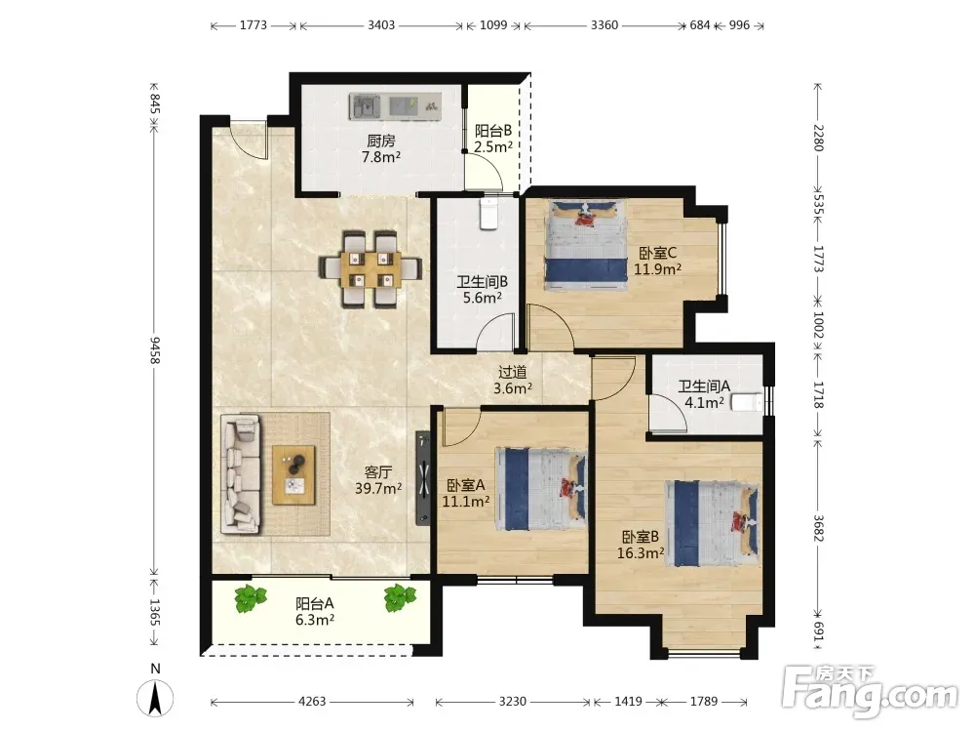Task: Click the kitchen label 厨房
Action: [x=380, y=141]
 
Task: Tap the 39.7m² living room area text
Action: [x=378, y=489]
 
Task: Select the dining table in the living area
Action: [x=370, y=268]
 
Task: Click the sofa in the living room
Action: [x=241, y=474]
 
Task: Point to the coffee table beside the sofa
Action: [x=293, y=475]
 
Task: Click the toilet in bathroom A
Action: [x=747, y=402]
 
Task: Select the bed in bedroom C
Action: [x=585, y=245]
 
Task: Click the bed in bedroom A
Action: [x=540, y=489]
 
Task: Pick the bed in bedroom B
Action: [x=713, y=523]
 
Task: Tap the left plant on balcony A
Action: [x=251, y=598]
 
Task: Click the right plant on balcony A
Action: [x=399, y=598]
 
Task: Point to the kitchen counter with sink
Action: [x=396, y=106]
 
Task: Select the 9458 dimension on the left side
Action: [x=155, y=349]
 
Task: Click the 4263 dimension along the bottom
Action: [x=312, y=702]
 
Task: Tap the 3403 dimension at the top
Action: [x=381, y=25]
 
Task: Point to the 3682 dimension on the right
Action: [x=818, y=528]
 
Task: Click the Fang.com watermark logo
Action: [x=870, y=691]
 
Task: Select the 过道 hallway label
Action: [x=513, y=372]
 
